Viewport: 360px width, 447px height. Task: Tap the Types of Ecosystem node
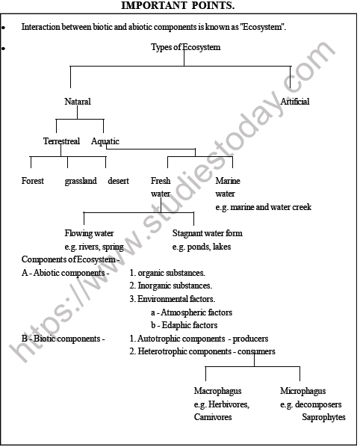click(x=185, y=47)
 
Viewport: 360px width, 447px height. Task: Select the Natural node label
click(x=78, y=102)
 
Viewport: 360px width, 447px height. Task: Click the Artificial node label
click(x=295, y=102)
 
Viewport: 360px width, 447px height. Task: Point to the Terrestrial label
click(x=62, y=141)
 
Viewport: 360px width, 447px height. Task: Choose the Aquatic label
click(x=105, y=141)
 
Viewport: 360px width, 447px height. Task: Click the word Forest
click(x=33, y=181)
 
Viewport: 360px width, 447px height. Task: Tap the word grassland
click(x=81, y=181)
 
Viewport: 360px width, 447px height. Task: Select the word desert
click(x=118, y=181)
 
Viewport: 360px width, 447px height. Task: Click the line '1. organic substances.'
click(x=167, y=273)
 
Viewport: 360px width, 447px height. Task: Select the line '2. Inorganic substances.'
click(x=170, y=286)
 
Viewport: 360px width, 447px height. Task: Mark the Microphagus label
click(x=302, y=391)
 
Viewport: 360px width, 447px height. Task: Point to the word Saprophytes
click(x=323, y=417)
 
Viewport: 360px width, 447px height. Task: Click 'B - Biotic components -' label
click(x=63, y=339)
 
